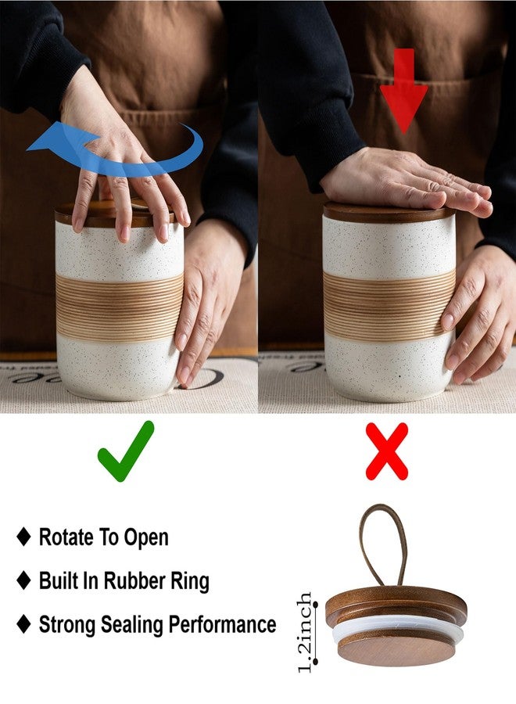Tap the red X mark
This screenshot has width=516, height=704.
(387, 451)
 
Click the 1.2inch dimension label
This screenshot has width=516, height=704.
(305, 632)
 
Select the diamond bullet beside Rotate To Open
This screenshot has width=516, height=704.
(23, 537)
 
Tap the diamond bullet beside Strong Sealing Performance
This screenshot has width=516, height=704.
(23, 624)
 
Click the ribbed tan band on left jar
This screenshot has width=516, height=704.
(120, 307)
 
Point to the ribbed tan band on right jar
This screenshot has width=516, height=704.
(389, 305)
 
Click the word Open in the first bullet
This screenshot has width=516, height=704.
(146, 538)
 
